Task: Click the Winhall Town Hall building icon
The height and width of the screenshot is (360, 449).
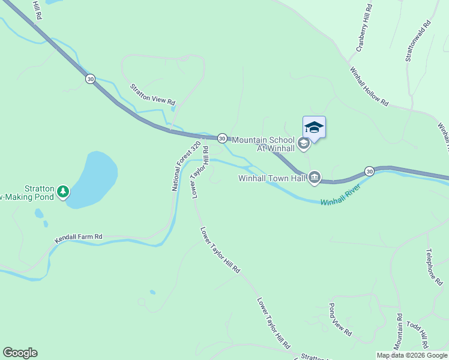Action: tap(315, 177)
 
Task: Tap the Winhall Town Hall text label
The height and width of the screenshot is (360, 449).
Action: tap(273, 178)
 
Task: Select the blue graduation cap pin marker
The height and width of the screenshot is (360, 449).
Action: tap(314, 127)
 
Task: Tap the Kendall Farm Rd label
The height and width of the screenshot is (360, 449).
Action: tap(79, 238)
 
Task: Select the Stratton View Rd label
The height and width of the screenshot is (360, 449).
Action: tap(153, 94)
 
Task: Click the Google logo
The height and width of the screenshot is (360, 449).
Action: tap(20, 353)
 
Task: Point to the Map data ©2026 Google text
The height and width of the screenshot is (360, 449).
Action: tap(412, 355)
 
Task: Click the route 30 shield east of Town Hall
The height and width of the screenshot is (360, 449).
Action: tap(370, 171)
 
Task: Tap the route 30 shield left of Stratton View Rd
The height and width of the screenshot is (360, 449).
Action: tap(90, 79)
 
